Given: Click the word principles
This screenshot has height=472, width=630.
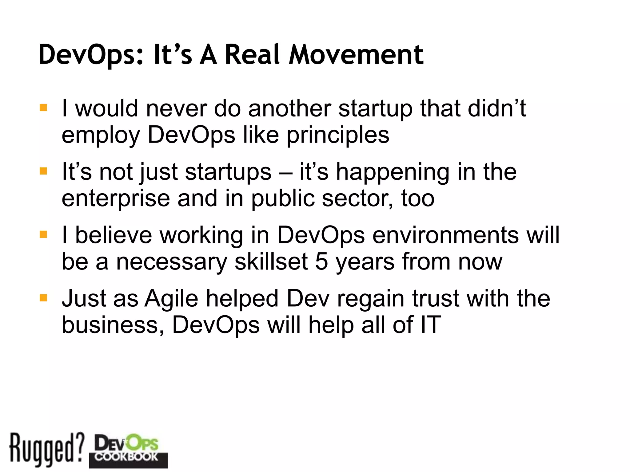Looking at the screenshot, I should (x=338, y=135).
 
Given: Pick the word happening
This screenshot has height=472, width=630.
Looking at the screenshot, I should (x=393, y=172).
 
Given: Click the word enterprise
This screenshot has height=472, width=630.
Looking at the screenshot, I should (x=116, y=199).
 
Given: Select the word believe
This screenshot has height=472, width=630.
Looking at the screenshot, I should (x=114, y=235).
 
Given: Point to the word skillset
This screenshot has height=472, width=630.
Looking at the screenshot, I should (x=271, y=262).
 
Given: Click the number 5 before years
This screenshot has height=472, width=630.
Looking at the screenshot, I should (x=321, y=262).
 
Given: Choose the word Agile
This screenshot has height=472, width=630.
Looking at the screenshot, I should (x=171, y=299).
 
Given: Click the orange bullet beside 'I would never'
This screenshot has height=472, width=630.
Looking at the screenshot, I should (x=43, y=108).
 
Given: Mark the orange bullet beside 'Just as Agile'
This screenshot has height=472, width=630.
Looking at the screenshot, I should (x=43, y=298).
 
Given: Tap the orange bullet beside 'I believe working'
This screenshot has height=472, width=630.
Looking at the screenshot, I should (x=43, y=235).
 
